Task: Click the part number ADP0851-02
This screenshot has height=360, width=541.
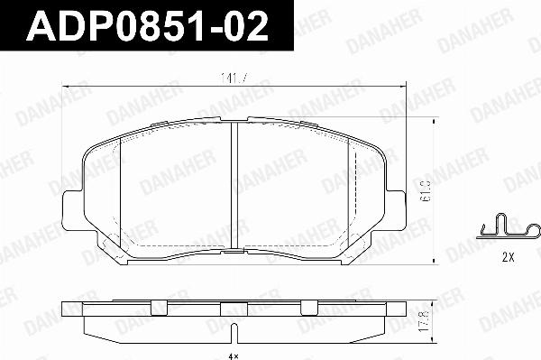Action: coord(148,28)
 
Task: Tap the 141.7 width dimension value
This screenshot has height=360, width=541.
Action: coord(234,78)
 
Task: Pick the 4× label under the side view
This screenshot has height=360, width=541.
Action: coord(234,355)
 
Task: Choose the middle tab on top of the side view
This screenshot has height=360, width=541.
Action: coord(234,304)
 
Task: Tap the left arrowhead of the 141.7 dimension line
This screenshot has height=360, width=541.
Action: coord(65,85)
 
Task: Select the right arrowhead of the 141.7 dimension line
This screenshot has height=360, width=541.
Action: coord(402,85)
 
